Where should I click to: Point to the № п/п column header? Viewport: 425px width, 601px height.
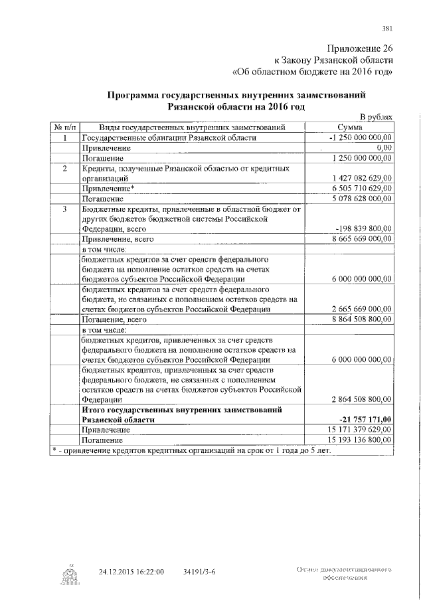pos(65,127)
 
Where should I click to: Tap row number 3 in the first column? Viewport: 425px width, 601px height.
pos(65,209)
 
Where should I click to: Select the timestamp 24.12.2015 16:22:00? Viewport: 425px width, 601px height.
pos(131,571)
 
